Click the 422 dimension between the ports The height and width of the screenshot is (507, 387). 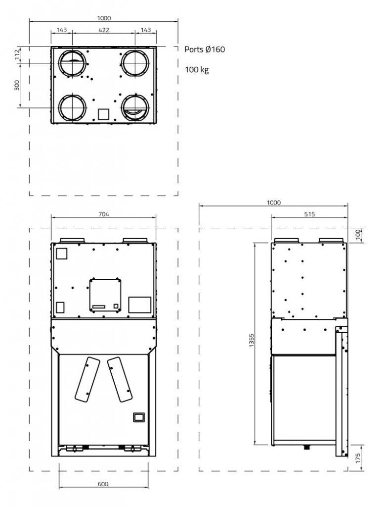pyautogui.click(x=104, y=30)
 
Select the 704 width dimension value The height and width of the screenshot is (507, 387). pyautogui.click(x=104, y=214)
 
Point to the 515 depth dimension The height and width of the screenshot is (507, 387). pyautogui.click(x=309, y=214)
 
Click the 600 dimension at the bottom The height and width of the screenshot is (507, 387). pyautogui.click(x=103, y=484)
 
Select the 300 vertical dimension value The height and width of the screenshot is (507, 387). pyautogui.click(x=16, y=85)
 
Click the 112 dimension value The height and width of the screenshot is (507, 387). pyautogui.click(x=16, y=55)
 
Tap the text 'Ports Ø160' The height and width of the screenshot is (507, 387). pyautogui.click(x=205, y=50)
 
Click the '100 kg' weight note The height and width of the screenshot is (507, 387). pyautogui.click(x=197, y=70)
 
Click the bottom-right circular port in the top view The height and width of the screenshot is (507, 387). pyautogui.click(x=135, y=107)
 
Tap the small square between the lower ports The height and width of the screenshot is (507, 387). pyautogui.click(x=103, y=114)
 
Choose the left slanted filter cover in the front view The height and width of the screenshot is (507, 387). pyautogui.click(x=87, y=379)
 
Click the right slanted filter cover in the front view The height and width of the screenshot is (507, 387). pyautogui.click(x=120, y=379)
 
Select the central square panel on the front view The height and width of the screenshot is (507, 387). pyautogui.click(x=105, y=295)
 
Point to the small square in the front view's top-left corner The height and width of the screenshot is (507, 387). pyautogui.click(x=61, y=253)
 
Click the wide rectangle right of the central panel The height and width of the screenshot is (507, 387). pyautogui.click(x=139, y=304)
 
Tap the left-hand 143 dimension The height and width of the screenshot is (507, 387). pyautogui.click(x=62, y=30)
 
